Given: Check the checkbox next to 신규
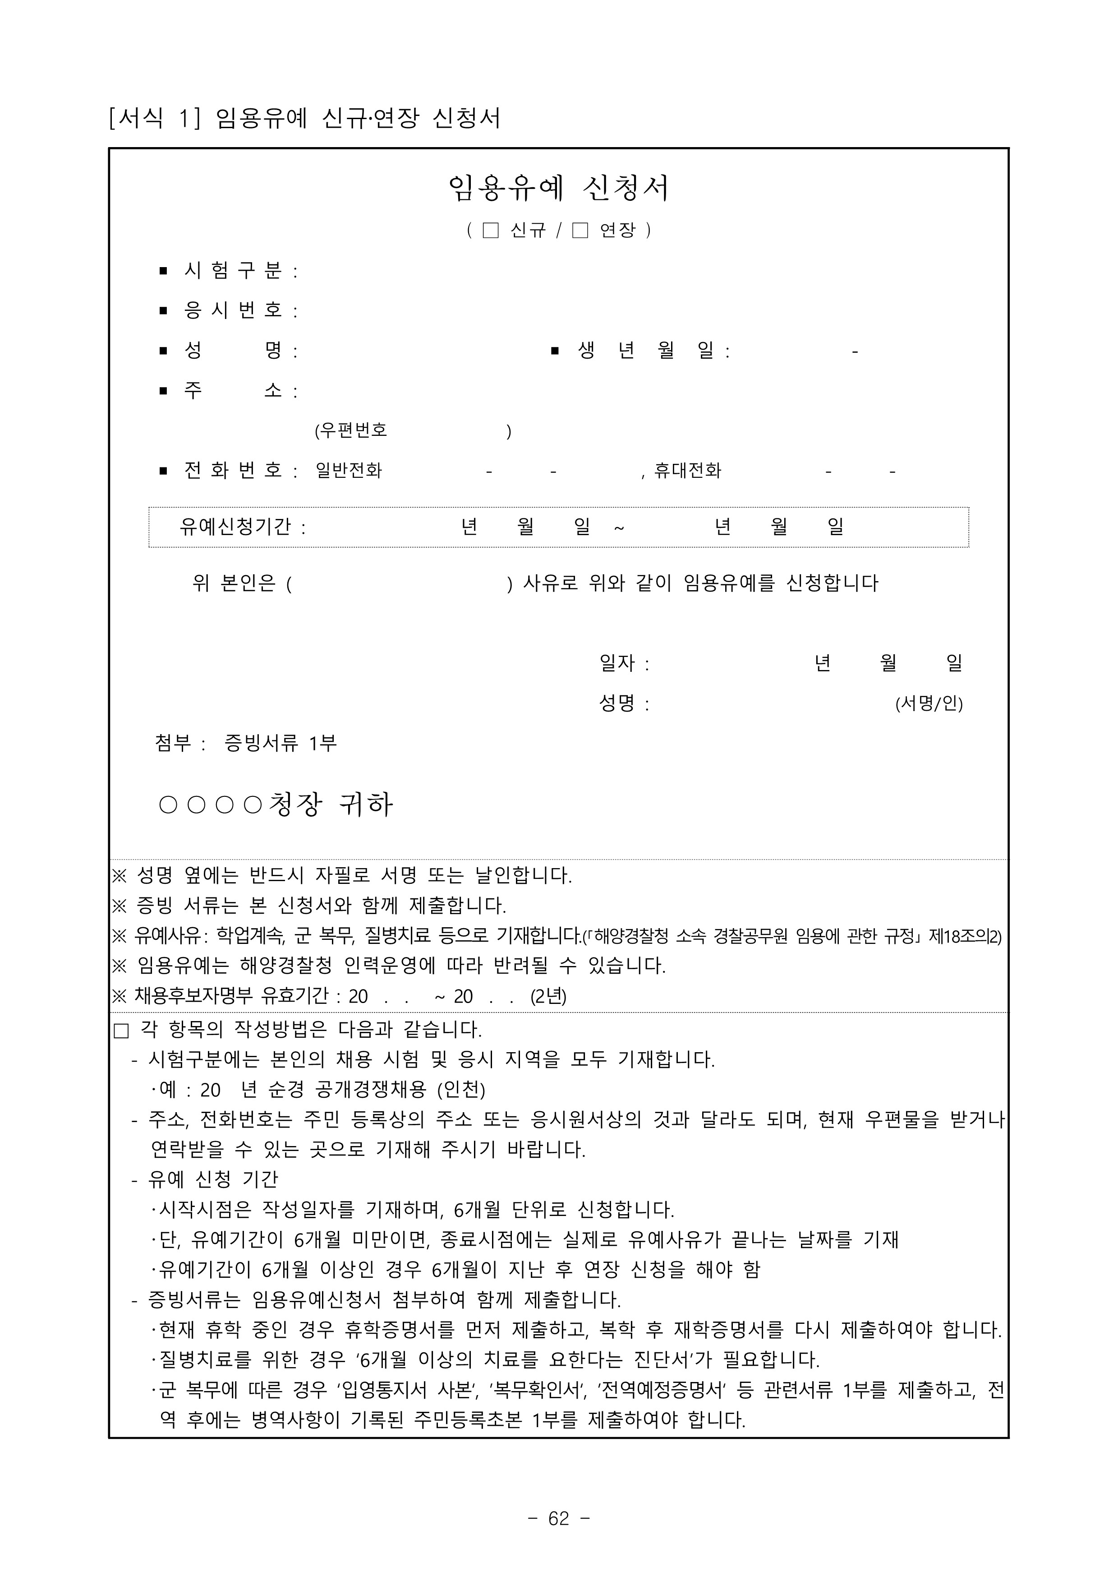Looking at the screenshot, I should pos(490,230).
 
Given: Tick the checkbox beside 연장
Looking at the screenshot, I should pos(580,230).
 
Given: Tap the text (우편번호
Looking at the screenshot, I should pos(351,431).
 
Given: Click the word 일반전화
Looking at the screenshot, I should pos(348,471).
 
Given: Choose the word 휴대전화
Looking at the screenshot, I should pos(687,471).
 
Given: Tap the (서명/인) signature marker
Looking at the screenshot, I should pos(929,704).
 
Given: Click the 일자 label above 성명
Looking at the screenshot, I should pos(617,663).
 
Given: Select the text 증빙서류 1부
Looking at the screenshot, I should pos(280,743).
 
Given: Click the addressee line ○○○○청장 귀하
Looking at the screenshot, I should pos(276,804).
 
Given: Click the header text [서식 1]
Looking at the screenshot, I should pos(155,118).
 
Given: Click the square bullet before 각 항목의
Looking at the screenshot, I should pos(121,1031).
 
